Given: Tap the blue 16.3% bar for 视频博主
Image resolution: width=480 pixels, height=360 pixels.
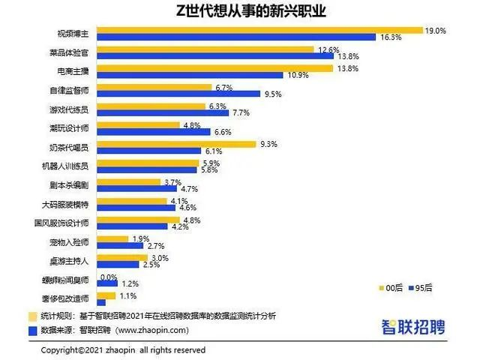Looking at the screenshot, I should click(x=236, y=37).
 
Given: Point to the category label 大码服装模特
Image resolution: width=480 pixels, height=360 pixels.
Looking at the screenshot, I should click(x=69, y=204).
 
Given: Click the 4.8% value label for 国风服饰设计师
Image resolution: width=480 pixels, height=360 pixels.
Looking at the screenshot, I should click(x=193, y=220).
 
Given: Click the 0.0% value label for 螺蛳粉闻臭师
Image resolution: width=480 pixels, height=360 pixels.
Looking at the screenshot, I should click(x=109, y=277).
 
